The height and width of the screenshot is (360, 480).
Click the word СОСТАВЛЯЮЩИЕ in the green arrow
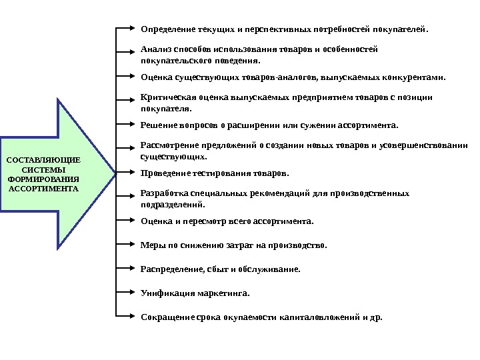(x=43, y=160)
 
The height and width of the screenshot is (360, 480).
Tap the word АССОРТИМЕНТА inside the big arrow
(x=43, y=189)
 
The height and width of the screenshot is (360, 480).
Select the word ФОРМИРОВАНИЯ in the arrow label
(x=43, y=179)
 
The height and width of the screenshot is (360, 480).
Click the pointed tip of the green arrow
(x=114, y=173)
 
